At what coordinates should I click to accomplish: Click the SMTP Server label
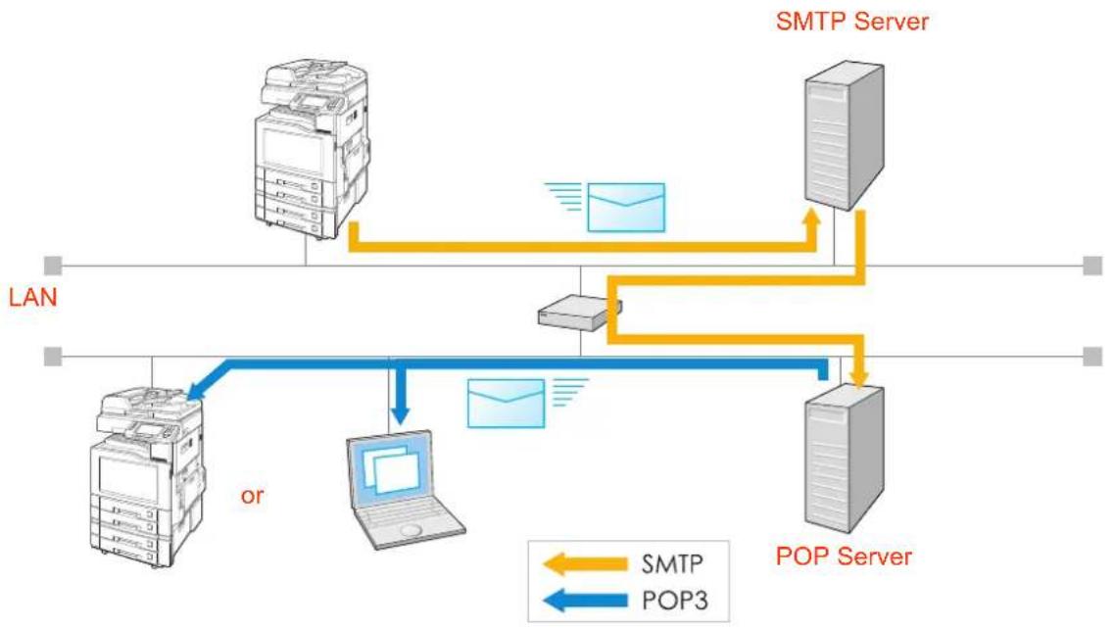(851, 21)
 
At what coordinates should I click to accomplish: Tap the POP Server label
(844, 556)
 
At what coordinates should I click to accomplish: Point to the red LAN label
(32, 297)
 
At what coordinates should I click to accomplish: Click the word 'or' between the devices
(252, 496)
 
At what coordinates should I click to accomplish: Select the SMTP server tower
(844, 135)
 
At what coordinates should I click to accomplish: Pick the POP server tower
(844, 459)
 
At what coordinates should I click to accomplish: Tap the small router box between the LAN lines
(580, 313)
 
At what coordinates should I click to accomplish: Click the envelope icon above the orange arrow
(626, 208)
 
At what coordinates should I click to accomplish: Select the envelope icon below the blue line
(506, 403)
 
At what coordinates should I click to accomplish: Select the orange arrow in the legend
(586, 564)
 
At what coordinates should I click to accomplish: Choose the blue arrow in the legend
(586, 601)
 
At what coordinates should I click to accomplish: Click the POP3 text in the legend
(675, 601)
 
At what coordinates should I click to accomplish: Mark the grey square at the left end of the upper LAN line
(53, 266)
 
